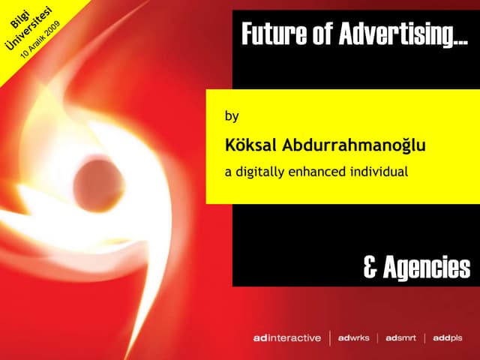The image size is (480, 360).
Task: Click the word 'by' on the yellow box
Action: click(x=232, y=117)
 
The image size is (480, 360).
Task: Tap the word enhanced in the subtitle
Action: click(x=320, y=172)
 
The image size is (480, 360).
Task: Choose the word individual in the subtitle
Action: click(x=379, y=172)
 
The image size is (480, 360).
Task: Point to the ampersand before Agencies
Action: click(x=370, y=266)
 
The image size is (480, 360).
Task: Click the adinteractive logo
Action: click(x=286, y=338)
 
